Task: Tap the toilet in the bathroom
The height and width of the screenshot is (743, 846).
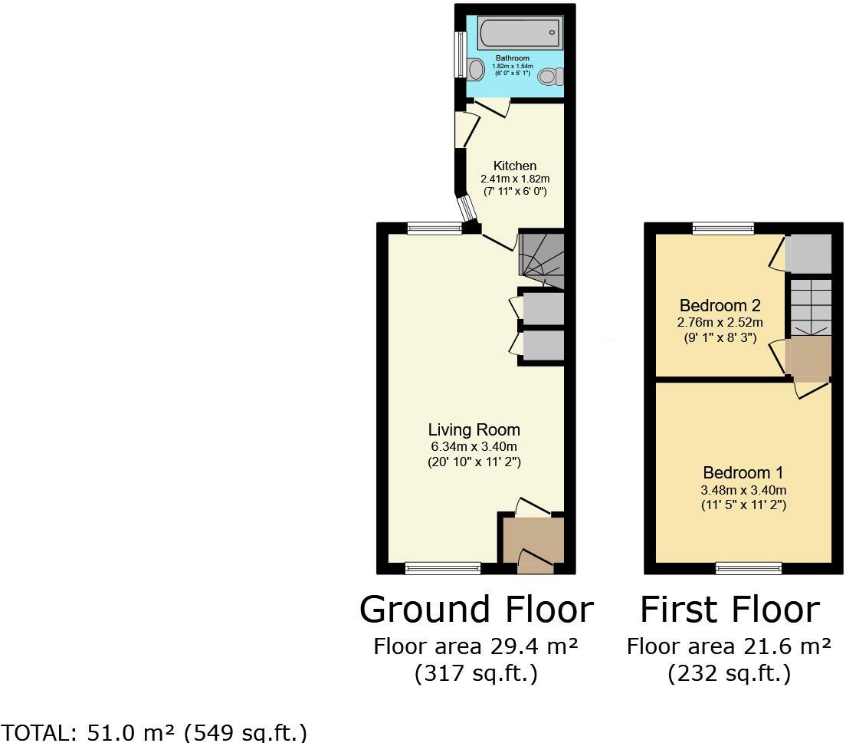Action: [549, 77]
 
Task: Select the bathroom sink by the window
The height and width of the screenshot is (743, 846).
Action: [475, 71]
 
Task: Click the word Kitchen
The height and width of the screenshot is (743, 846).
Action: [514, 166]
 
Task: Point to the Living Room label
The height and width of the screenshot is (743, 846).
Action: [474, 430]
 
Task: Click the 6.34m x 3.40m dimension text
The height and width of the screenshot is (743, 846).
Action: [474, 447]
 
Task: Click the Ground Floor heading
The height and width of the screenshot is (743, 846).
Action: [476, 610]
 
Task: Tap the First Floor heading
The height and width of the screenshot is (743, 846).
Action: [730, 610]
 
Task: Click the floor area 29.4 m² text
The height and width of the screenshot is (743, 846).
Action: [475, 646]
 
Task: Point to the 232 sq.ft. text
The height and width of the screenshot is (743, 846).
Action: [729, 674]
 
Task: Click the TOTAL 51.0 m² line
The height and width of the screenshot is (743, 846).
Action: [154, 731]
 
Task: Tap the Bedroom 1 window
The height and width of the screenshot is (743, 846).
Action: [749, 568]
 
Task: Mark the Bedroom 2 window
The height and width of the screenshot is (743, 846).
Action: [723, 228]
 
